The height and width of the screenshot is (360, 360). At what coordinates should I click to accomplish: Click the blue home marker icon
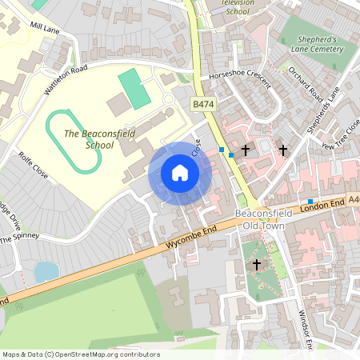180,173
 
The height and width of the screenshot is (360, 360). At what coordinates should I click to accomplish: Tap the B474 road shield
202,105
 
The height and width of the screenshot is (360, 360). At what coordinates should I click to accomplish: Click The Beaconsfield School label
88,139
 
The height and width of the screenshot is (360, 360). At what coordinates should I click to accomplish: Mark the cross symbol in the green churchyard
257,264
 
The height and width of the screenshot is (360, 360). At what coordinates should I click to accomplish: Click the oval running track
74,142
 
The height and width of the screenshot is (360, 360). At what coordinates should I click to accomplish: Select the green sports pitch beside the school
134,89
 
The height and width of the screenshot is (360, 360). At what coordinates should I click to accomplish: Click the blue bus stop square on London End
310,201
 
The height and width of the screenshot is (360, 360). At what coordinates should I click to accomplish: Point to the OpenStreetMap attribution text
80,354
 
